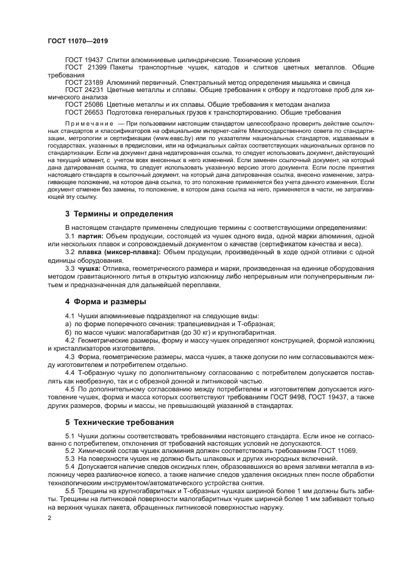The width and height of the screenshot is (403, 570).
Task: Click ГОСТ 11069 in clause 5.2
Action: pyautogui.click(x=335, y=451)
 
